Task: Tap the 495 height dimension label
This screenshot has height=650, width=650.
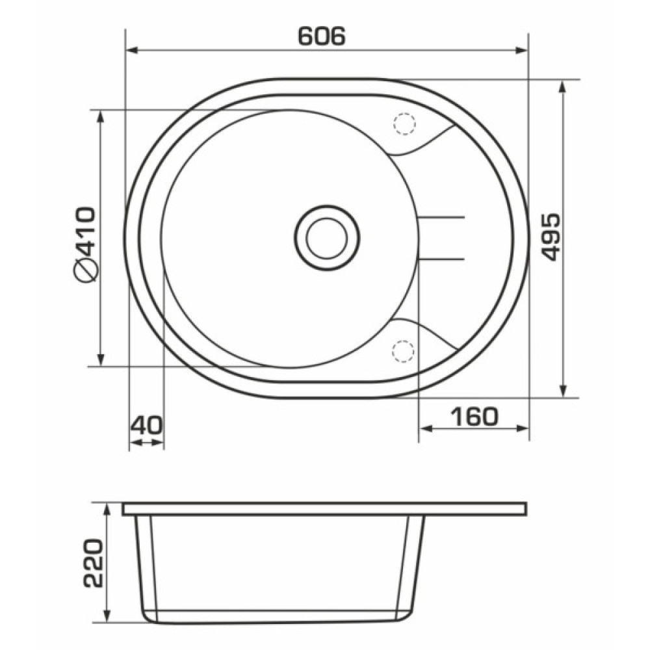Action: (551, 237)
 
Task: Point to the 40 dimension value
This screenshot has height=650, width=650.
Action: (146, 425)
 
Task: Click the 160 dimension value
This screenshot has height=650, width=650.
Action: (474, 417)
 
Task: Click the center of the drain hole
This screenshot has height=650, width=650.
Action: (327, 238)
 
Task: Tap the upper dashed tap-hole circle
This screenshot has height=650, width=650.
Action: (404, 123)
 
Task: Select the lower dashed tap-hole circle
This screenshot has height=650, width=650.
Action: (403, 352)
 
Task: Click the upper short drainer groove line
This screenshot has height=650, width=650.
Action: (441, 217)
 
